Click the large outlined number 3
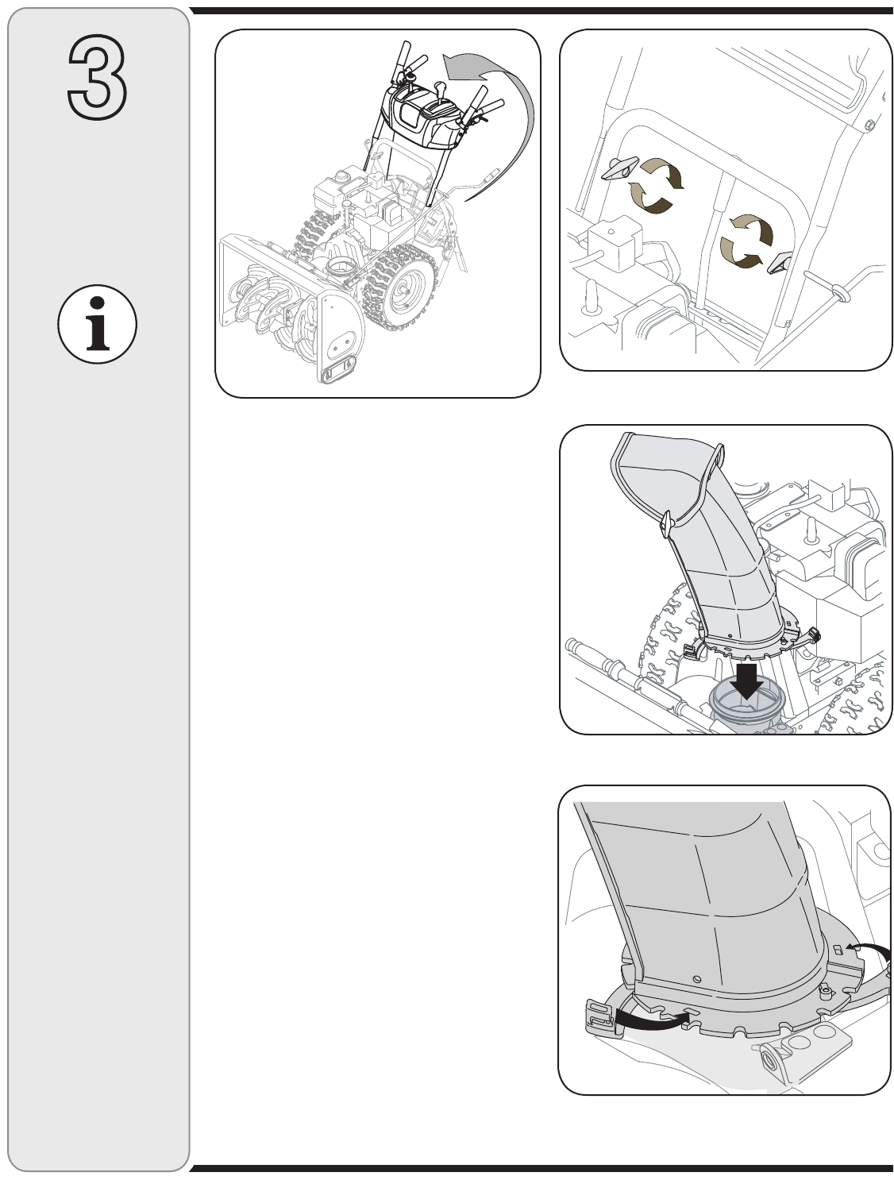click(97, 77)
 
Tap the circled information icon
click(97, 324)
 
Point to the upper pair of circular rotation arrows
click(656, 185)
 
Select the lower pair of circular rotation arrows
click(746, 241)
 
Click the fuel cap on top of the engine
click(341, 175)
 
